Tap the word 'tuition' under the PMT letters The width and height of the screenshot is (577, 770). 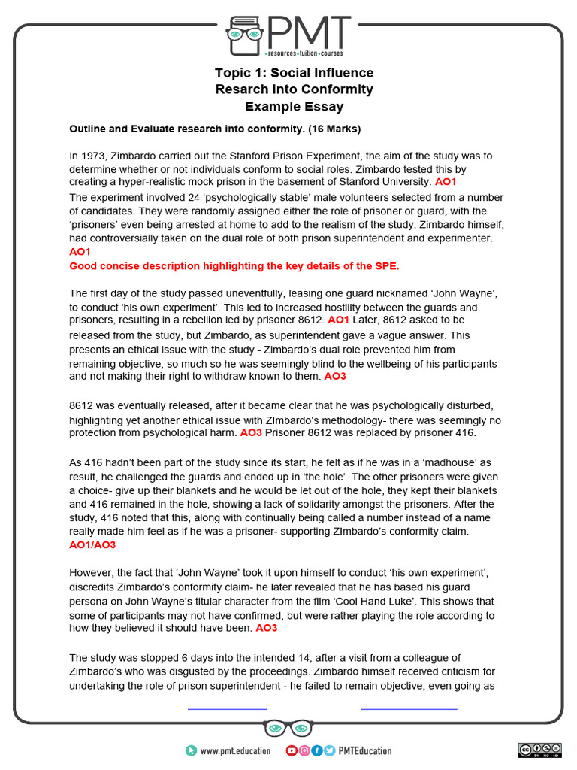pos(307,55)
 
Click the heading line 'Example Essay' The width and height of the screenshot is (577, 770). pos(294,107)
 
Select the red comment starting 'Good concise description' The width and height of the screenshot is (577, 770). pos(234,266)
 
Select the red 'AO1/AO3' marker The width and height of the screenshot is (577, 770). pos(92,544)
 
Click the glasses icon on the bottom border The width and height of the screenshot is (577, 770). pos(288,729)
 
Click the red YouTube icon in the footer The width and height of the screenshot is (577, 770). pos(292,750)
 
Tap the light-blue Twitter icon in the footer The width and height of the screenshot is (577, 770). pos(329,750)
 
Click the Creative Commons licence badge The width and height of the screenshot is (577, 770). pos(539,750)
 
